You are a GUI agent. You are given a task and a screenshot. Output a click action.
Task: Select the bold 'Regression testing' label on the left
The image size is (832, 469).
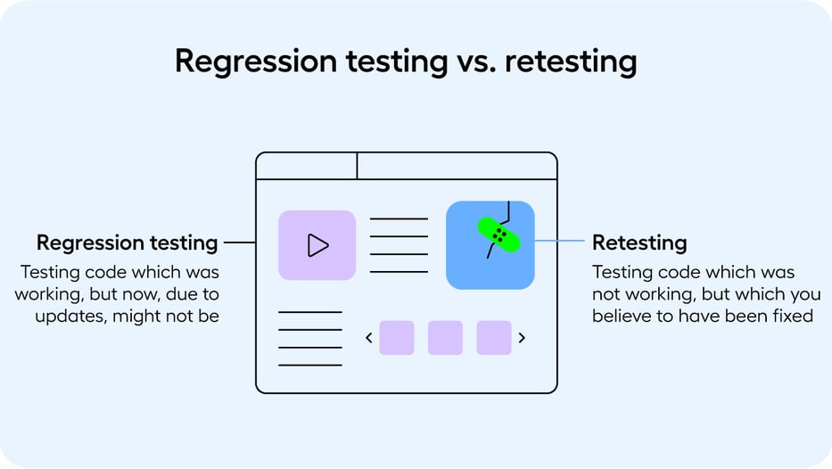tap(127, 243)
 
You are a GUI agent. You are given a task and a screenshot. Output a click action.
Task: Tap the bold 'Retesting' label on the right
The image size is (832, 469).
tap(639, 243)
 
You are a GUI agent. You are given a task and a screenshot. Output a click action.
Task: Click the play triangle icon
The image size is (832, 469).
tap(317, 245)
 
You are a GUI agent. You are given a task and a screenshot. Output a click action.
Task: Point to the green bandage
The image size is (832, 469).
tap(499, 234)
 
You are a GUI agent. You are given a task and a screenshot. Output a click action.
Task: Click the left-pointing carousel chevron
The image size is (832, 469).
tap(368, 338)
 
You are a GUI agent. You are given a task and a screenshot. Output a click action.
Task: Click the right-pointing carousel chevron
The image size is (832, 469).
tap(522, 338)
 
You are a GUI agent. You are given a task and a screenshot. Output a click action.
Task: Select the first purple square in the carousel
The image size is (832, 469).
tap(397, 338)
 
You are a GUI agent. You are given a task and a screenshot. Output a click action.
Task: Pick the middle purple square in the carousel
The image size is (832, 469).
tap(445, 338)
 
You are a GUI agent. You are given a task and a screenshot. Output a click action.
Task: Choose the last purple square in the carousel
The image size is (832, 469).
tap(494, 338)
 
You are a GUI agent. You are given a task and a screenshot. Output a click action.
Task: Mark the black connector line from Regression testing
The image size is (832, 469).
tap(239, 242)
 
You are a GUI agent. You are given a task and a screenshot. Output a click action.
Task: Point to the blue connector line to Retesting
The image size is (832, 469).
tap(559, 241)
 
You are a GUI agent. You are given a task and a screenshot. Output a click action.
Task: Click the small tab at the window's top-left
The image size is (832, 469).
tap(306, 166)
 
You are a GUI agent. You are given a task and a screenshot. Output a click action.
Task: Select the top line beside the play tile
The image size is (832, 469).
tap(399, 218)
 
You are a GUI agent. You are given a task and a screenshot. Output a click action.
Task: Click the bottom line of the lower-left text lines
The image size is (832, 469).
tap(309, 365)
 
